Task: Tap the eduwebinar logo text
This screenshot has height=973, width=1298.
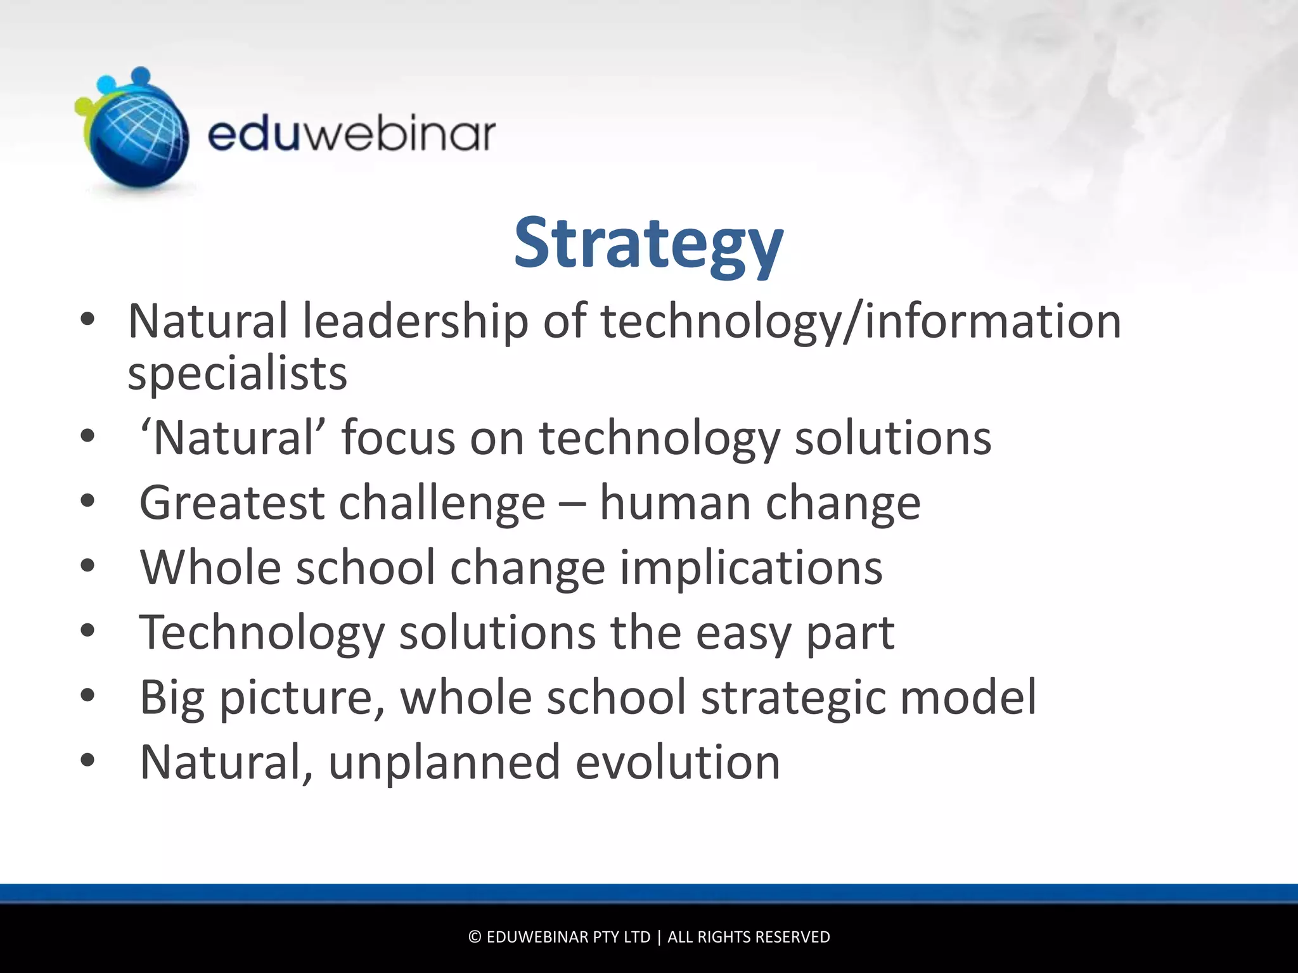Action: pyautogui.click(x=351, y=134)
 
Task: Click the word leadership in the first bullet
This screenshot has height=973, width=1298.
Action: pyautogui.click(x=415, y=321)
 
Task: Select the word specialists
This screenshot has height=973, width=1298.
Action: pyautogui.click(x=237, y=374)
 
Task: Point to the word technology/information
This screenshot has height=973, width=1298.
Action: pyautogui.click(x=861, y=321)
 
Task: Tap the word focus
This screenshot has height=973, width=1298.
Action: pyautogui.click(x=398, y=438)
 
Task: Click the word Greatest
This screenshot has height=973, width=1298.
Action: pyautogui.click(x=231, y=503)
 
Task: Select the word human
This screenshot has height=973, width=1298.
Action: pyautogui.click(x=675, y=503)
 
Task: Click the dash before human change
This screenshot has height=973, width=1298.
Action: pyautogui.click(x=572, y=504)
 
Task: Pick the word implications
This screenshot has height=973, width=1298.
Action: pyautogui.click(x=750, y=568)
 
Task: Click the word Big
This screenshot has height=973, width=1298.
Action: pyautogui.click(x=172, y=698)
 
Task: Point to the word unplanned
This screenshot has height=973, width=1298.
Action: pyautogui.click(x=444, y=763)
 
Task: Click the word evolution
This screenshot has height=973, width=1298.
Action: pyautogui.click(x=678, y=763)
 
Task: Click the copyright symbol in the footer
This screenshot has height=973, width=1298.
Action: pyautogui.click(x=475, y=937)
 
